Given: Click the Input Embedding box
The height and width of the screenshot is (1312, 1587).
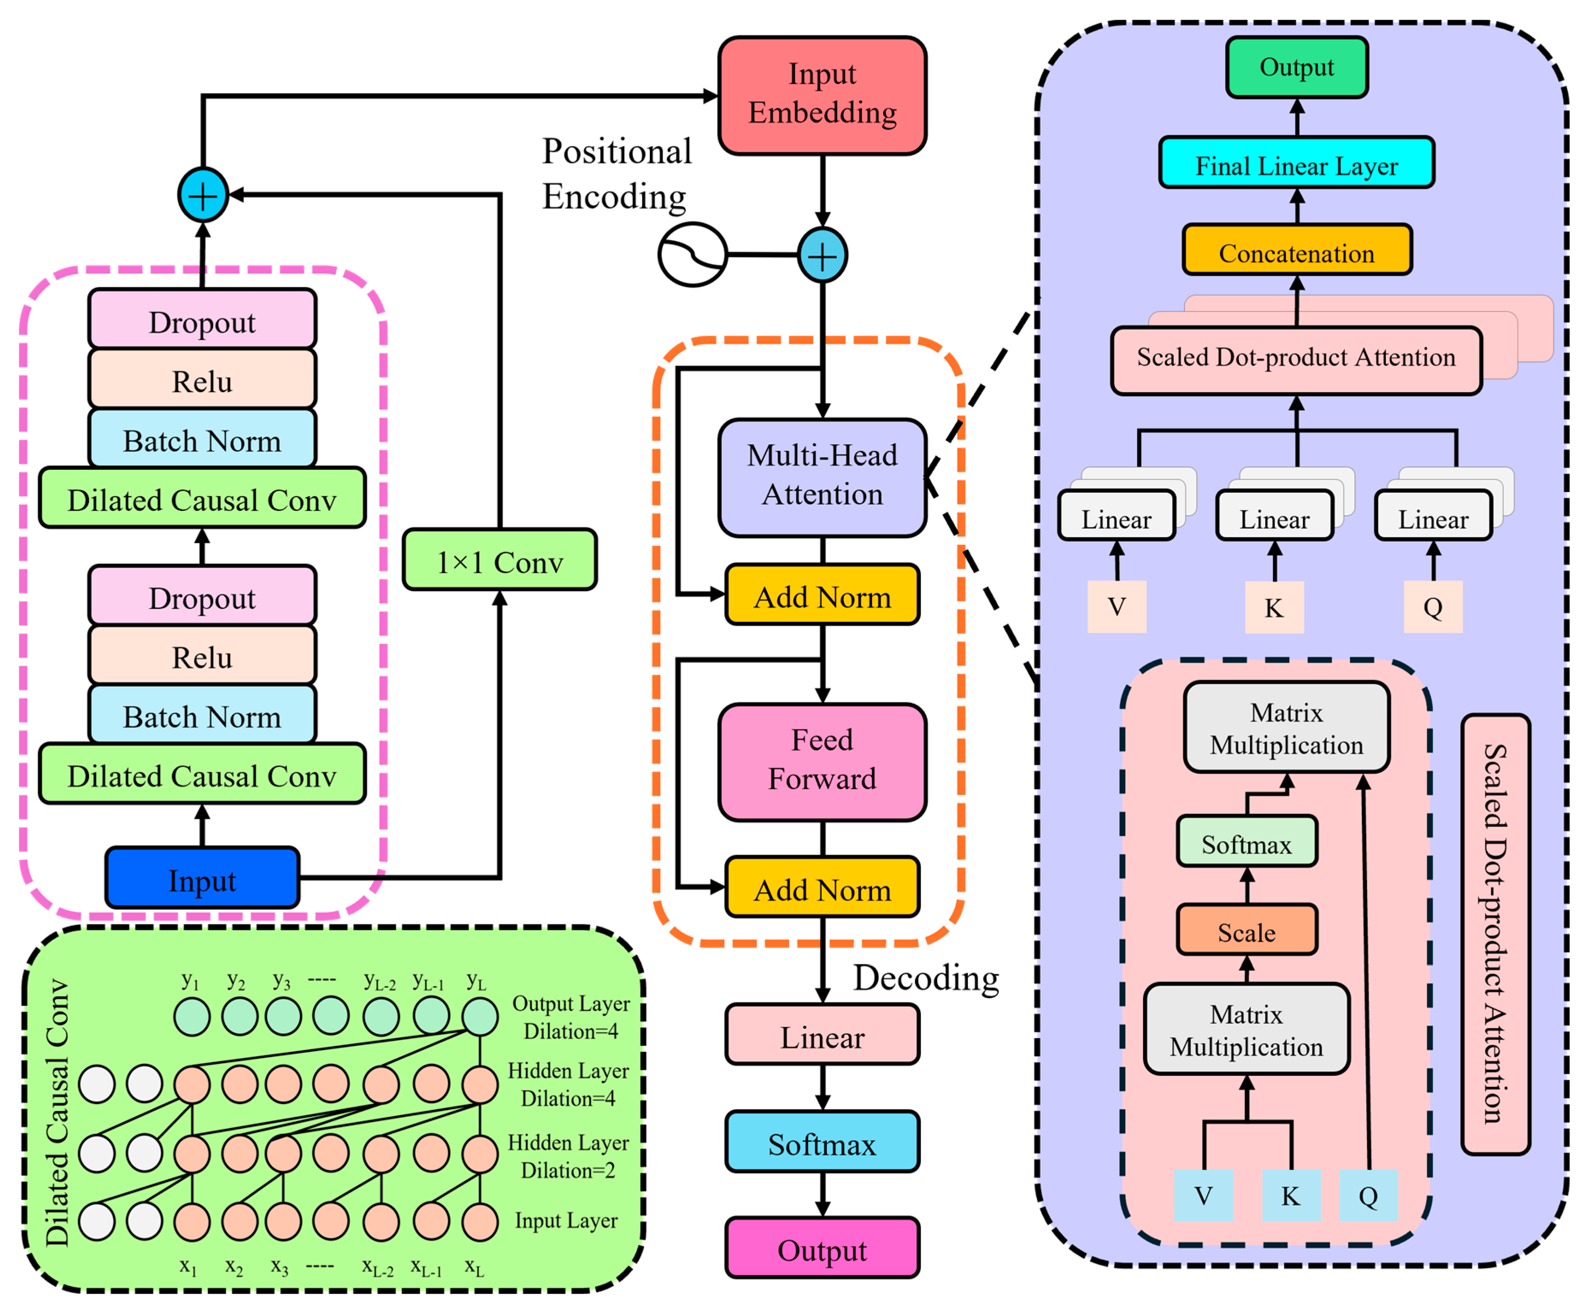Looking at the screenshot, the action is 822,95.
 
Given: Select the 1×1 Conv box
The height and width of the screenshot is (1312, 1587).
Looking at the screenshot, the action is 500,560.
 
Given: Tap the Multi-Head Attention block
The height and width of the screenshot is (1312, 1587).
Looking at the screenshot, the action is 822,477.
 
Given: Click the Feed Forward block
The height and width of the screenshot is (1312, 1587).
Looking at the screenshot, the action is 822,761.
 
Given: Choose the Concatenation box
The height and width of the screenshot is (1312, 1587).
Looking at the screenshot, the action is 1297,249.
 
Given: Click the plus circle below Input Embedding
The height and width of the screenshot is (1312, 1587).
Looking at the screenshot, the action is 822,255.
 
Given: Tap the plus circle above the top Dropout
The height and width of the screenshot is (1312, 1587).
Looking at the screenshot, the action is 203,195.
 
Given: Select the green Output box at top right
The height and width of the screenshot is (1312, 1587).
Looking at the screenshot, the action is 1297,67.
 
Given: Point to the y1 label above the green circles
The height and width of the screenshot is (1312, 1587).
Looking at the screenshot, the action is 191,981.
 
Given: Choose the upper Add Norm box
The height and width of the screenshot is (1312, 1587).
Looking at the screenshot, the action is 822,594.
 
